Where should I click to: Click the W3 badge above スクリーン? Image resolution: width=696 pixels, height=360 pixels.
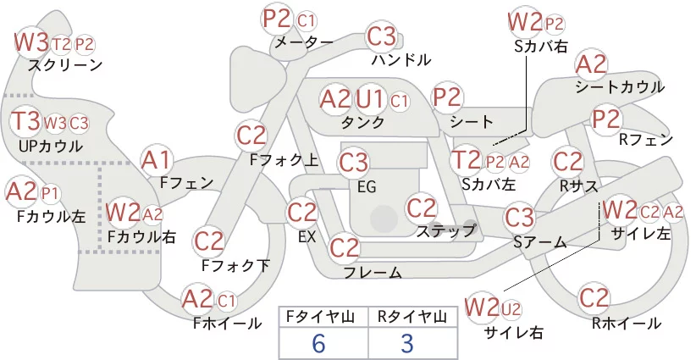[31, 42]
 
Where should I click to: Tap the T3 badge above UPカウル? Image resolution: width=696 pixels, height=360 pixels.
[25, 121]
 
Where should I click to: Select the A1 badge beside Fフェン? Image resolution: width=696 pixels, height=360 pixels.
[156, 160]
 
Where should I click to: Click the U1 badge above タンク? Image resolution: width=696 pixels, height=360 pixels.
[369, 99]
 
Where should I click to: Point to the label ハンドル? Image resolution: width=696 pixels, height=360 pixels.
[401, 59]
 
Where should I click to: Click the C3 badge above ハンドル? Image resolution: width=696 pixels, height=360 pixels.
[382, 36]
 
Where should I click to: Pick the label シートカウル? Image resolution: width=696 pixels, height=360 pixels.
[620, 86]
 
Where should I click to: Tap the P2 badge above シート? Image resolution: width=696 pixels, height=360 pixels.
[447, 97]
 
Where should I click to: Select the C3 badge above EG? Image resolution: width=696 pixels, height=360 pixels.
[353, 162]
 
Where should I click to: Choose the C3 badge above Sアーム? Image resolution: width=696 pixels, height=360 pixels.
[519, 218]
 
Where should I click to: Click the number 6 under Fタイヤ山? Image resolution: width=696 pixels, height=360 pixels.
[318, 344]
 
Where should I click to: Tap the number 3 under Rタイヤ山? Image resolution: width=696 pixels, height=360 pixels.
[407, 344]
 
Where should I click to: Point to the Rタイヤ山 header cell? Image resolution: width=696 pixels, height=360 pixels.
[412, 317]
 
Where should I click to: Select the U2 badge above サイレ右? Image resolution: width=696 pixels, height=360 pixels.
[511, 309]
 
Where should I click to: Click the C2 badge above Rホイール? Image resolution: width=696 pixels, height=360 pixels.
[594, 298]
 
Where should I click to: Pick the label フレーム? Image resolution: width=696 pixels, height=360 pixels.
[373, 272]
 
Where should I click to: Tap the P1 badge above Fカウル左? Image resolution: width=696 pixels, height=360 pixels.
[50, 194]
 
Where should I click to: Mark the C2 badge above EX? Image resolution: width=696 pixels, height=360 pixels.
[302, 212]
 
